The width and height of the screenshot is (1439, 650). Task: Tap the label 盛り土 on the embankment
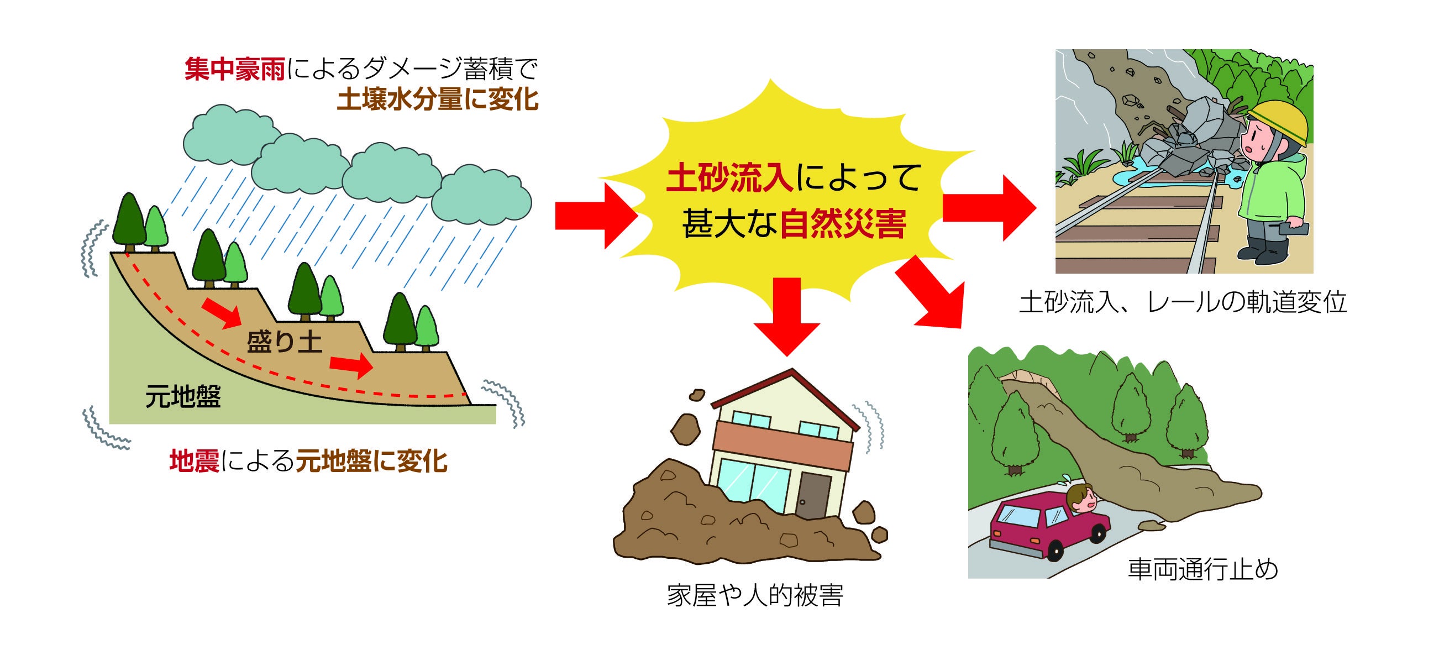(x=285, y=342)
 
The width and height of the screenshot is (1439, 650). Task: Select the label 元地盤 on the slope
(x=183, y=397)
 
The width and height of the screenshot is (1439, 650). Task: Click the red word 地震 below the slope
(x=194, y=462)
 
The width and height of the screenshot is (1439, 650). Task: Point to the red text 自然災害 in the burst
(x=842, y=224)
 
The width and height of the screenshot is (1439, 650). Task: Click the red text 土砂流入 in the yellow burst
(x=729, y=179)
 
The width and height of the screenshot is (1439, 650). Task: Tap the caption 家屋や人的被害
(x=755, y=595)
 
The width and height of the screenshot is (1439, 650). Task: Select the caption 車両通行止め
(x=1203, y=569)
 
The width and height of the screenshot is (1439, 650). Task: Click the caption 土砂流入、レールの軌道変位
(x=1183, y=302)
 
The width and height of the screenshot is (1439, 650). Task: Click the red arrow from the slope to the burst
(x=596, y=216)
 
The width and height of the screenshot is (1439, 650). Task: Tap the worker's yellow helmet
(x=1278, y=120)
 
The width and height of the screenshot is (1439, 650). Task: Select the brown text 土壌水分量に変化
(x=438, y=100)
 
